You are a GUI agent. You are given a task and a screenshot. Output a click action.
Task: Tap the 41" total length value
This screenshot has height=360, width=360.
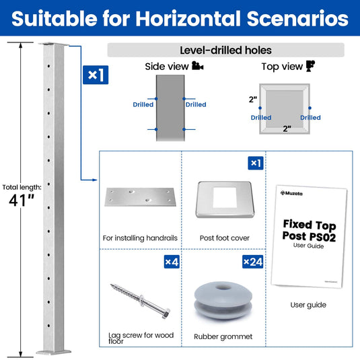click(21, 201)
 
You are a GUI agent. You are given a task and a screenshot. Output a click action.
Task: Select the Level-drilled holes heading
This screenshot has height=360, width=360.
click(225, 50)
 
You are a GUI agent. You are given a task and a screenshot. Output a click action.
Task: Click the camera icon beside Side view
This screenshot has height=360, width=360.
click(197, 66)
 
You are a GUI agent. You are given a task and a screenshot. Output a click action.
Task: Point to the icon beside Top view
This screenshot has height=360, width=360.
click(310, 66)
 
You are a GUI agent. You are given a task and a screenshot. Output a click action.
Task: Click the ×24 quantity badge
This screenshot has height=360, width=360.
click(253, 262)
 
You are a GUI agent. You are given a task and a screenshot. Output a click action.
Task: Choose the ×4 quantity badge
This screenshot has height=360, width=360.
click(172, 262)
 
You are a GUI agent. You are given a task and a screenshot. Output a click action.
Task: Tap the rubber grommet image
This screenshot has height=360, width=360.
click(223, 301)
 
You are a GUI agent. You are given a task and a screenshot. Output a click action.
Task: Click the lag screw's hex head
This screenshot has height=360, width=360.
click(166, 314)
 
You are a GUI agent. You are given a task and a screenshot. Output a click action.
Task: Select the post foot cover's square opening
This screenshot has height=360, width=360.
click(225, 197)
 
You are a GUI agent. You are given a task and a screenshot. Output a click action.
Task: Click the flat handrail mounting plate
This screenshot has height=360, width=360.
click(140, 196)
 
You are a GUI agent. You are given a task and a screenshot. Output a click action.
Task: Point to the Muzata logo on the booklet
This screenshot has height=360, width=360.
click(291, 193)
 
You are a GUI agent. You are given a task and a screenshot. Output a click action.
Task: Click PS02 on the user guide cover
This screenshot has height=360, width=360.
click(322, 238)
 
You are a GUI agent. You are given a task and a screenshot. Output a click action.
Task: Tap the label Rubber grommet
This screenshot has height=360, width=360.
click(223, 336)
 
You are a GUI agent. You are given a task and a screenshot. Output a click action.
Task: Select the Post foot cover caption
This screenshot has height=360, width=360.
click(225, 238)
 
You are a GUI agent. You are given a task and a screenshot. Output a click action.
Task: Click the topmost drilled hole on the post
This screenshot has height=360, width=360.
click(48, 66)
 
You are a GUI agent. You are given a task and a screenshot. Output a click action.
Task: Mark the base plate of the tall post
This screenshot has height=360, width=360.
click(53, 352)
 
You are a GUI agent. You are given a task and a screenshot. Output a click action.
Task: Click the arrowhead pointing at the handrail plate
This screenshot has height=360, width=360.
click(95, 180)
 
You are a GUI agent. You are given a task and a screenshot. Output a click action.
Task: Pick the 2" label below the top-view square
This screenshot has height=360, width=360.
click(287, 129)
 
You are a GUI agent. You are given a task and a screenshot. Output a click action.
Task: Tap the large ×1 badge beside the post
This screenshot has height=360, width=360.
click(96, 75)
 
